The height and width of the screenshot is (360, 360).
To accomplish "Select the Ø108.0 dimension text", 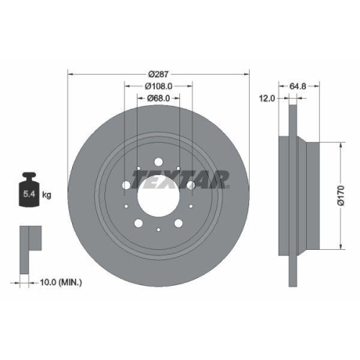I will point(158,86).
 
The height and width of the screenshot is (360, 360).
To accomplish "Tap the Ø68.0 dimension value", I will point(158,98).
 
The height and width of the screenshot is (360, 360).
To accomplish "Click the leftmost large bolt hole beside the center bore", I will point(126,186).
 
